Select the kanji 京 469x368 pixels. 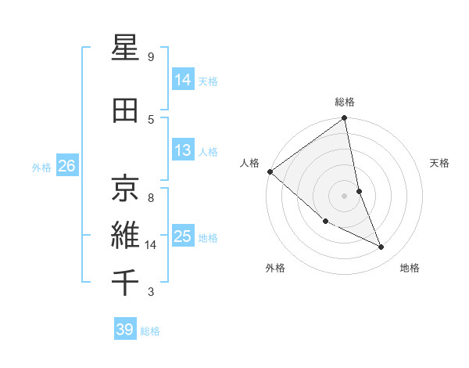(x=126, y=187)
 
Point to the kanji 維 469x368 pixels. (x=126, y=234)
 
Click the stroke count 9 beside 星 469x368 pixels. (x=151, y=57)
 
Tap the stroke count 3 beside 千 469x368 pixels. (x=151, y=293)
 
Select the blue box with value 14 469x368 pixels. (x=183, y=80)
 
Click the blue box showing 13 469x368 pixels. (x=183, y=150)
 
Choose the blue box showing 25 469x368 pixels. (x=183, y=236)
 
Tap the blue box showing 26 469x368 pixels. (x=66, y=166)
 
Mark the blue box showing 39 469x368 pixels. (x=125, y=330)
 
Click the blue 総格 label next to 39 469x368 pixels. (x=151, y=331)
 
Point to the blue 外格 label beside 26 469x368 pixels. (x=41, y=168)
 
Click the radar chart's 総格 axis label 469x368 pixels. (x=345, y=102)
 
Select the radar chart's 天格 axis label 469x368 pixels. (x=439, y=163)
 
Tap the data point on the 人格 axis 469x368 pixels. (x=270, y=171)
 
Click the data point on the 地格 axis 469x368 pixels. (x=381, y=247)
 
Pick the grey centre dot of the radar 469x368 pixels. (x=345, y=196)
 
